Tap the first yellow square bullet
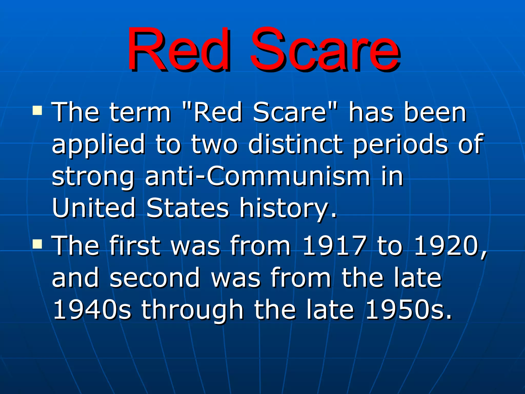pos(37,111)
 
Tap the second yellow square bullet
pos(37,244)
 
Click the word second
pos(155,278)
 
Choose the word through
pos(192,310)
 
